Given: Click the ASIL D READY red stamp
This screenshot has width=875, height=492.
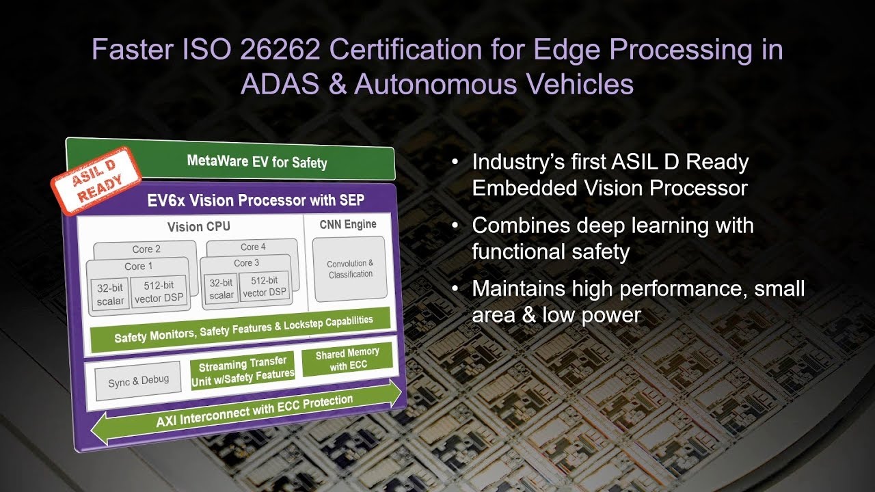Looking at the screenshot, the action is (96, 181).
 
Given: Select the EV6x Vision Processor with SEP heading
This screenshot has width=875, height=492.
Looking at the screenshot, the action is (256, 200).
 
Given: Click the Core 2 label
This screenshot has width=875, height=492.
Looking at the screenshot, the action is (146, 249).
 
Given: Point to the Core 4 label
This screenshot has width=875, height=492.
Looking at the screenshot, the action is (253, 247).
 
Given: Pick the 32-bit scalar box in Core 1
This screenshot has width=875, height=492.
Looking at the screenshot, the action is (110, 295).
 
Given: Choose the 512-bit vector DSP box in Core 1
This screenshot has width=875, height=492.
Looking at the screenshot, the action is (159, 292).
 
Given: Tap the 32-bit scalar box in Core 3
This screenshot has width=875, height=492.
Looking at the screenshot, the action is (221, 289).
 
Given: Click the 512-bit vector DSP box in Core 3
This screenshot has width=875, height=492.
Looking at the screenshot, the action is (265, 286).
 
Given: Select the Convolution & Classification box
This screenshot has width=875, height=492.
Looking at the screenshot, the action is (350, 269).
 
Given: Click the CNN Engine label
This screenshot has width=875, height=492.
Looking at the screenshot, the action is (348, 225).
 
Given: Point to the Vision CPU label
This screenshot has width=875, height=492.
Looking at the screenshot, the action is (199, 226).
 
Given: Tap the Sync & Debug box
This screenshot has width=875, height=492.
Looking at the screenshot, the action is (138, 381).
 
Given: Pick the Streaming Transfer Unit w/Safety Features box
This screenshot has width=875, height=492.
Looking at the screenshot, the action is (243, 370).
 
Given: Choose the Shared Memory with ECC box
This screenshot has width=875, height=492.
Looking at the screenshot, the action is (347, 359).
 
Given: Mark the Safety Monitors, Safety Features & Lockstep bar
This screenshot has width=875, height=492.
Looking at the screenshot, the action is (240, 329).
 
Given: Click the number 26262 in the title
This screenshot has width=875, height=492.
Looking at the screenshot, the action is (280, 50).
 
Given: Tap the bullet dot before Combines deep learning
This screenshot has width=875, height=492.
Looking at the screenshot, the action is (455, 225).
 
